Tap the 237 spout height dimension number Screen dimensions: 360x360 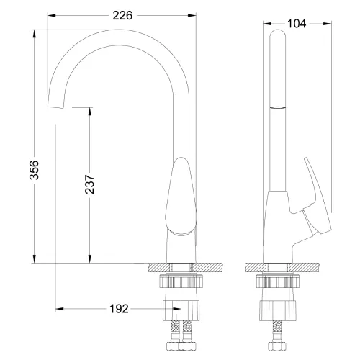(79, 186)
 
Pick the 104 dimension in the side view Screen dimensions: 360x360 (295, 23)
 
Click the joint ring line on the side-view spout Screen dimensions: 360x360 (278, 107)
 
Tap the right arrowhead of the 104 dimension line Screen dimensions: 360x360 (328, 23)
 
